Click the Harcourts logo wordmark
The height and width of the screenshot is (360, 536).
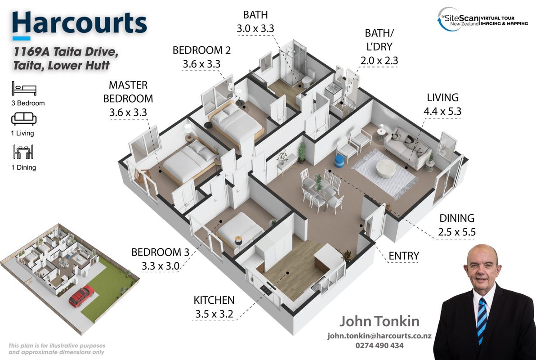tap(79, 23)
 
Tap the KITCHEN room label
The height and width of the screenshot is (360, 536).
tap(214, 300)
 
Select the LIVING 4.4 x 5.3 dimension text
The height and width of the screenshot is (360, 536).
tap(442, 111)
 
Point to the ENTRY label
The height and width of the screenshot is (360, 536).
tap(404, 256)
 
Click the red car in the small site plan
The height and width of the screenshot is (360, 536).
tap(81, 296)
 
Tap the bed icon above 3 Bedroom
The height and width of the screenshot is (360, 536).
tap(24, 88)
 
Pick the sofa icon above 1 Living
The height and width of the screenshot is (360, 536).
tap(24, 119)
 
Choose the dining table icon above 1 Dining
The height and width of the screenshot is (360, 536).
tap(23, 152)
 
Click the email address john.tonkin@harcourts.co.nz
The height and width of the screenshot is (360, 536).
tap(380, 336)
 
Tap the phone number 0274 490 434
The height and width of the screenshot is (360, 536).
tap(380, 346)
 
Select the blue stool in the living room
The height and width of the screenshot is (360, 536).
tap(339, 162)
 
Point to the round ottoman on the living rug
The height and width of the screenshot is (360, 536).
tap(386, 169)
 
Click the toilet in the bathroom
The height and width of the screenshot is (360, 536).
tap(308, 78)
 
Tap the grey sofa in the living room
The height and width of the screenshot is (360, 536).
tap(407, 148)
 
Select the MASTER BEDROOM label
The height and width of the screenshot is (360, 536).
tap(128, 92)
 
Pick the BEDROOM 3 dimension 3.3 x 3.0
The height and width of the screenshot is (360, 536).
tap(161, 266)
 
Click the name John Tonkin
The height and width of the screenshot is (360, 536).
tap(379, 321)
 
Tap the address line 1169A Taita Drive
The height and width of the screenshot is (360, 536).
tap(66, 52)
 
